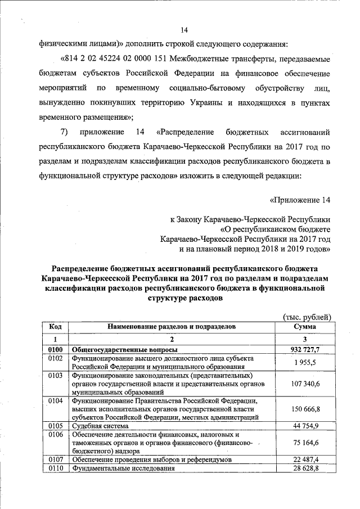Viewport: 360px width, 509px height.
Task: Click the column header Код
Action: (x=55, y=326)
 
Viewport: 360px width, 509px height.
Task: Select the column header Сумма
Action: (x=304, y=326)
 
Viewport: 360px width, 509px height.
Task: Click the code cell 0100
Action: (x=55, y=350)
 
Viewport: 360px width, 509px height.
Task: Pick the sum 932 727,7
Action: (x=304, y=350)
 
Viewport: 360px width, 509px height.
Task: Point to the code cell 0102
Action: (x=55, y=358)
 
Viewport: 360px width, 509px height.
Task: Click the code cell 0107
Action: (x=55, y=460)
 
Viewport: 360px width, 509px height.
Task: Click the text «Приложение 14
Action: (x=297, y=199)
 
